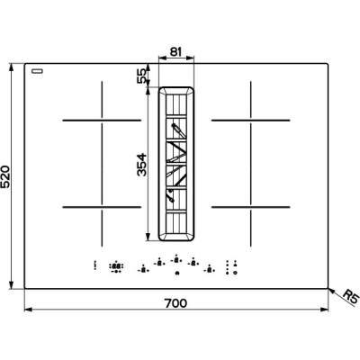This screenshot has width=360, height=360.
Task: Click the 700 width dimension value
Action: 175,303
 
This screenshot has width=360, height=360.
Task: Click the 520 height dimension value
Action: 6,176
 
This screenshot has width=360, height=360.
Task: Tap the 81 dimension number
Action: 175,52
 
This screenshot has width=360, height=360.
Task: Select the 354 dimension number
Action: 141,165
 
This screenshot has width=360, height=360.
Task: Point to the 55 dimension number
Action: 142,76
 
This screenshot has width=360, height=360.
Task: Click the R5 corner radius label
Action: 351,296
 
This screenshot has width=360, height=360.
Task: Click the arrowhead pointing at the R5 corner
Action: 331,291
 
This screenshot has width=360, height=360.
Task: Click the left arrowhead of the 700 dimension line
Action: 28,310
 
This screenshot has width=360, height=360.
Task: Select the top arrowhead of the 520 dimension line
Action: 12,67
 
